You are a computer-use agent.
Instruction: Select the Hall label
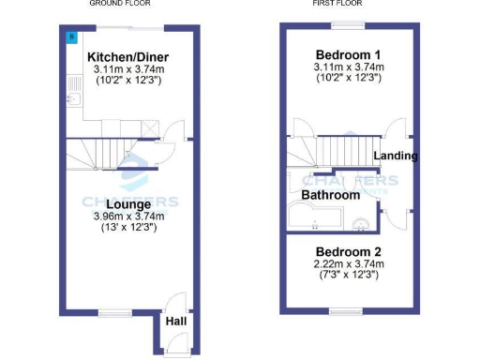point(175,322)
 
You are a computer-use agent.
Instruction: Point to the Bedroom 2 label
point(348,251)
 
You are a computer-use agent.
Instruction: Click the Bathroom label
point(330,195)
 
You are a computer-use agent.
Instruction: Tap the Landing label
point(396,155)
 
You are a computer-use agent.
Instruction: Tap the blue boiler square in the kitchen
point(71,37)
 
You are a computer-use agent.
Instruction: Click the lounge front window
point(113,313)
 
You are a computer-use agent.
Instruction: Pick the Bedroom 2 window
point(347,311)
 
